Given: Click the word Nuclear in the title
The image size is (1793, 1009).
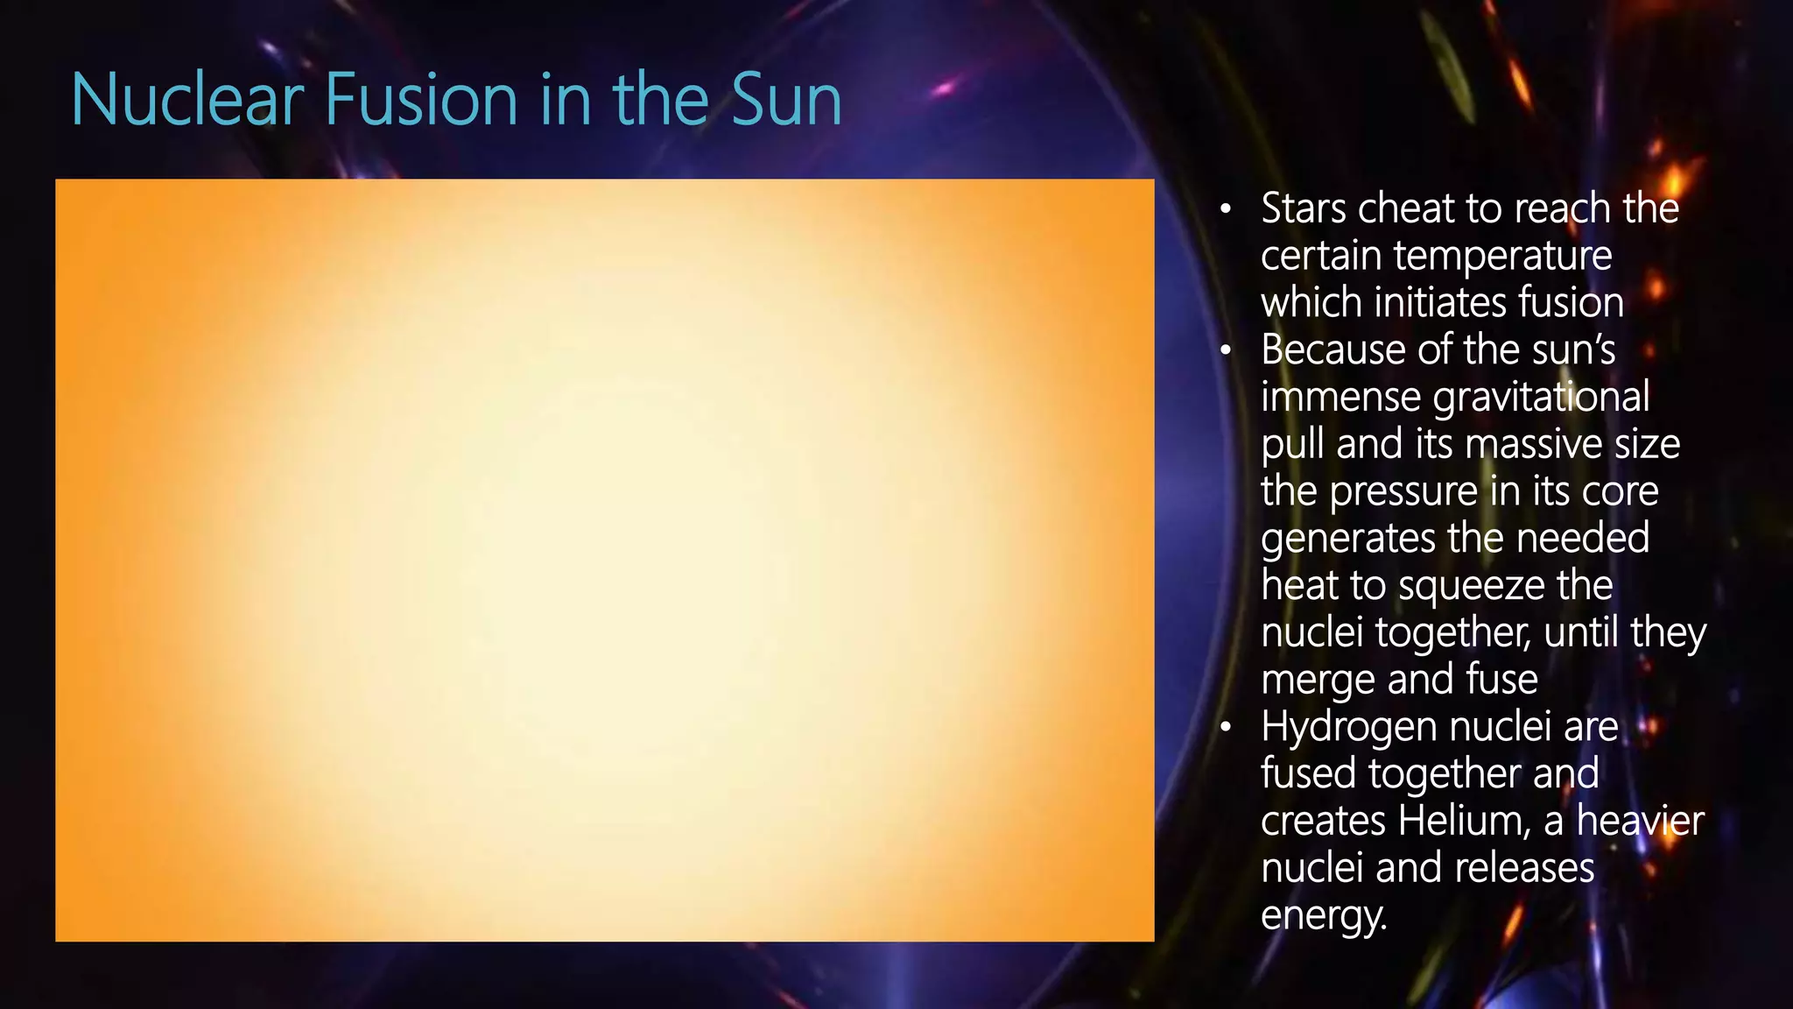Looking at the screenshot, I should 186,100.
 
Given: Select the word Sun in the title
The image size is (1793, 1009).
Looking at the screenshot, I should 785,100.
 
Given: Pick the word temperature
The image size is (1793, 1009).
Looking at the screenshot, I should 1502,256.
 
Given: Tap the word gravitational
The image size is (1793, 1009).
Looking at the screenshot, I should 1541,398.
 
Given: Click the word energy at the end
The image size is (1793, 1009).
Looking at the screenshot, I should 1323,916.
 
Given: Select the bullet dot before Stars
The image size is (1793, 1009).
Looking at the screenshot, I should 1226,209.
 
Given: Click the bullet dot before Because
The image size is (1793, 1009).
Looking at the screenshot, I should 1226,351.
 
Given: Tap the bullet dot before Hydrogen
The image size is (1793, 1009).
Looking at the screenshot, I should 1226,728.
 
